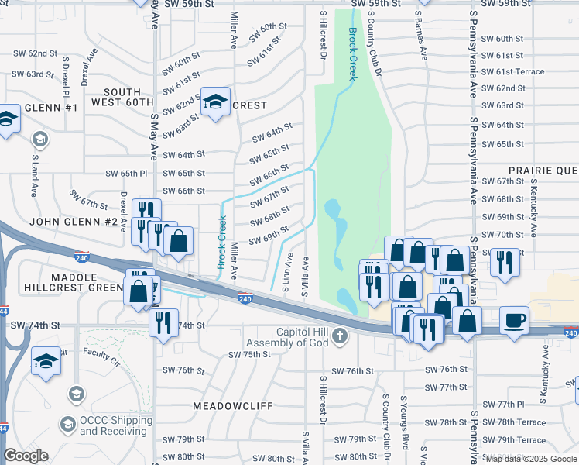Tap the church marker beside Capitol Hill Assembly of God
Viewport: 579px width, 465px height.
click(341, 336)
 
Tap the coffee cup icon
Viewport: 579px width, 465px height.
click(514, 319)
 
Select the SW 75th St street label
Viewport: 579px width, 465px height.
click(249, 354)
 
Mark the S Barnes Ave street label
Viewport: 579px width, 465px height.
click(423, 35)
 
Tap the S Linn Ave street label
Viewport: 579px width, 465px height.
click(288, 272)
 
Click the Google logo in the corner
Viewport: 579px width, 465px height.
click(26, 456)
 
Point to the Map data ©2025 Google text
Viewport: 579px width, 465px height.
click(531, 459)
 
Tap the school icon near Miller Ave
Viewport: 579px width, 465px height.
click(216, 102)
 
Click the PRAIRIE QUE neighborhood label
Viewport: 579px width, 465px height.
click(543, 170)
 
